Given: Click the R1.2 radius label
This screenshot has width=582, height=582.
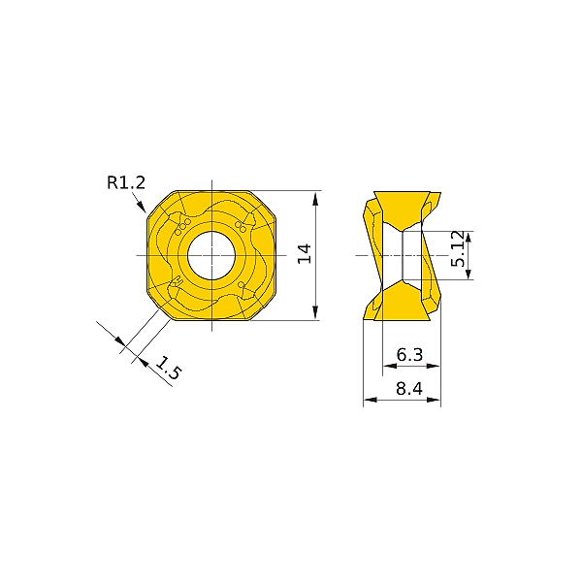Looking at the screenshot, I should pyautogui.click(x=127, y=180).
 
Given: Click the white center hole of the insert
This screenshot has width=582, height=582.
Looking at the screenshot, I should pyautogui.click(x=210, y=255).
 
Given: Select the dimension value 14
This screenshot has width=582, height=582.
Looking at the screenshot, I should pyautogui.click(x=304, y=254).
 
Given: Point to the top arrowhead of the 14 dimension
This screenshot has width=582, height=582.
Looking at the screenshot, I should pyautogui.click(x=316, y=195).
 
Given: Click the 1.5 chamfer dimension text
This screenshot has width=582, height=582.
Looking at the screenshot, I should pyautogui.click(x=168, y=369).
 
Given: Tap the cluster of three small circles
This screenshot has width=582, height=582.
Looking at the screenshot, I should pyautogui.click(x=180, y=225).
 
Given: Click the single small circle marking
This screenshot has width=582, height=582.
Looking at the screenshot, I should pyautogui.click(x=241, y=285).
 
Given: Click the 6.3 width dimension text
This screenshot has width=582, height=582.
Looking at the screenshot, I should pyautogui.click(x=410, y=356).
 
